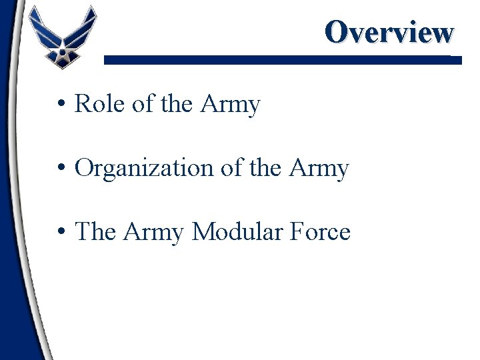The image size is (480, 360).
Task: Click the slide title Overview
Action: pyautogui.click(x=389, y=32)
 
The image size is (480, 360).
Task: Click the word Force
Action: pyautogui.click(x=325, y=233)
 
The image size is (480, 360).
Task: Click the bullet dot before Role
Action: pyautogui.click(x=61, y=105)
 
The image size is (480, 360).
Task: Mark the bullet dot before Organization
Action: pyautogui.click(x=61, y=169)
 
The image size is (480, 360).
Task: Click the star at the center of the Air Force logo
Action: pyautogui.click(x=61, y=50)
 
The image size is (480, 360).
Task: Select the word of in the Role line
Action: pyautogui.click(x=143, y=105)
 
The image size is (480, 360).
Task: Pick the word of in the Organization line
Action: pyautogui.click(x=231, y=169)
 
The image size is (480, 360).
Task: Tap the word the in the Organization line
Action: pyautogui.click(x=265, y=169)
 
